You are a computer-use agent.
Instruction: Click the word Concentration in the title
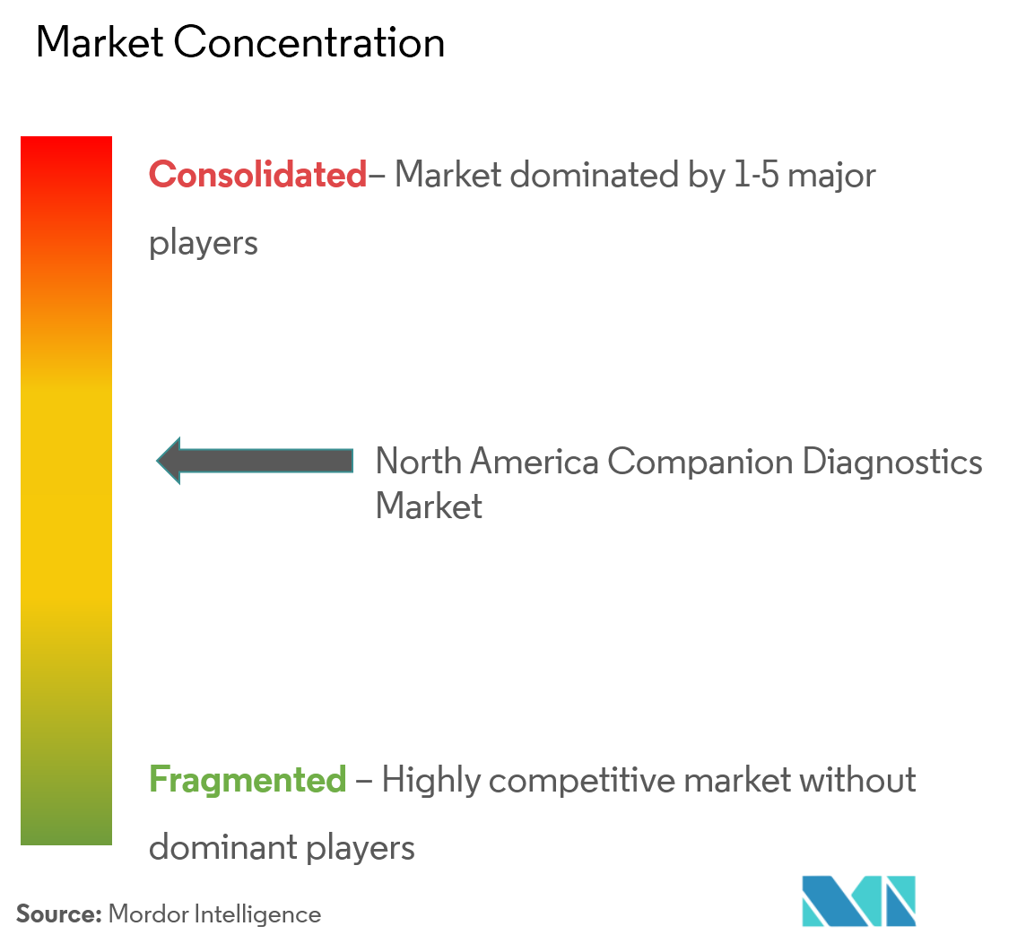pyautogui.click(x=309, y=43)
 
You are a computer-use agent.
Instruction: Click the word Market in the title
pyautogui.click(x=100, y=43)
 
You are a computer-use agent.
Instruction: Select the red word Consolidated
pyautogui.click(x=258, y=175)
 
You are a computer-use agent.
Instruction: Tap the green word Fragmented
pyautogui.click(x=248, y=779)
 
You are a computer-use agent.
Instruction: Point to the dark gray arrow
pyautogui.click(x=255, y=461)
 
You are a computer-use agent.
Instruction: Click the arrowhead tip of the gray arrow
pyautogui.click(x=157, y=461)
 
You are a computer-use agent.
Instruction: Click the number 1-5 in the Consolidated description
pyautogui.click(x=756, y=175)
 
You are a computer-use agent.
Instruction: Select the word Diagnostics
pyautogui.click(x=892, y=462)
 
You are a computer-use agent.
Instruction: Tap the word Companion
pyautogui.click(x=700, y=462)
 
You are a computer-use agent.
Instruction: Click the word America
pyautogui.click(x=534, y=462)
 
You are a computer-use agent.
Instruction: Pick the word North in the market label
pyautogui.click(x=418, y=462)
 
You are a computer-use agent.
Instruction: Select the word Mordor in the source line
pyautogui.click(x=149, y=913)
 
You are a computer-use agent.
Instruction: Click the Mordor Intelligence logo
pyautogui.click(x=859, y=901)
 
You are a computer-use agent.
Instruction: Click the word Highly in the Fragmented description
pyautogui.click(x=431, y=780)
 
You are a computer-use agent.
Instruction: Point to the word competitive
pyautogui.click(x=582, y=780)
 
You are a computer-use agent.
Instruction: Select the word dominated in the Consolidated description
pyautogui.click(x=595, y=175)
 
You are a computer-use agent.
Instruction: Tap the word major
pyautogui.click(x=831, y=175)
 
